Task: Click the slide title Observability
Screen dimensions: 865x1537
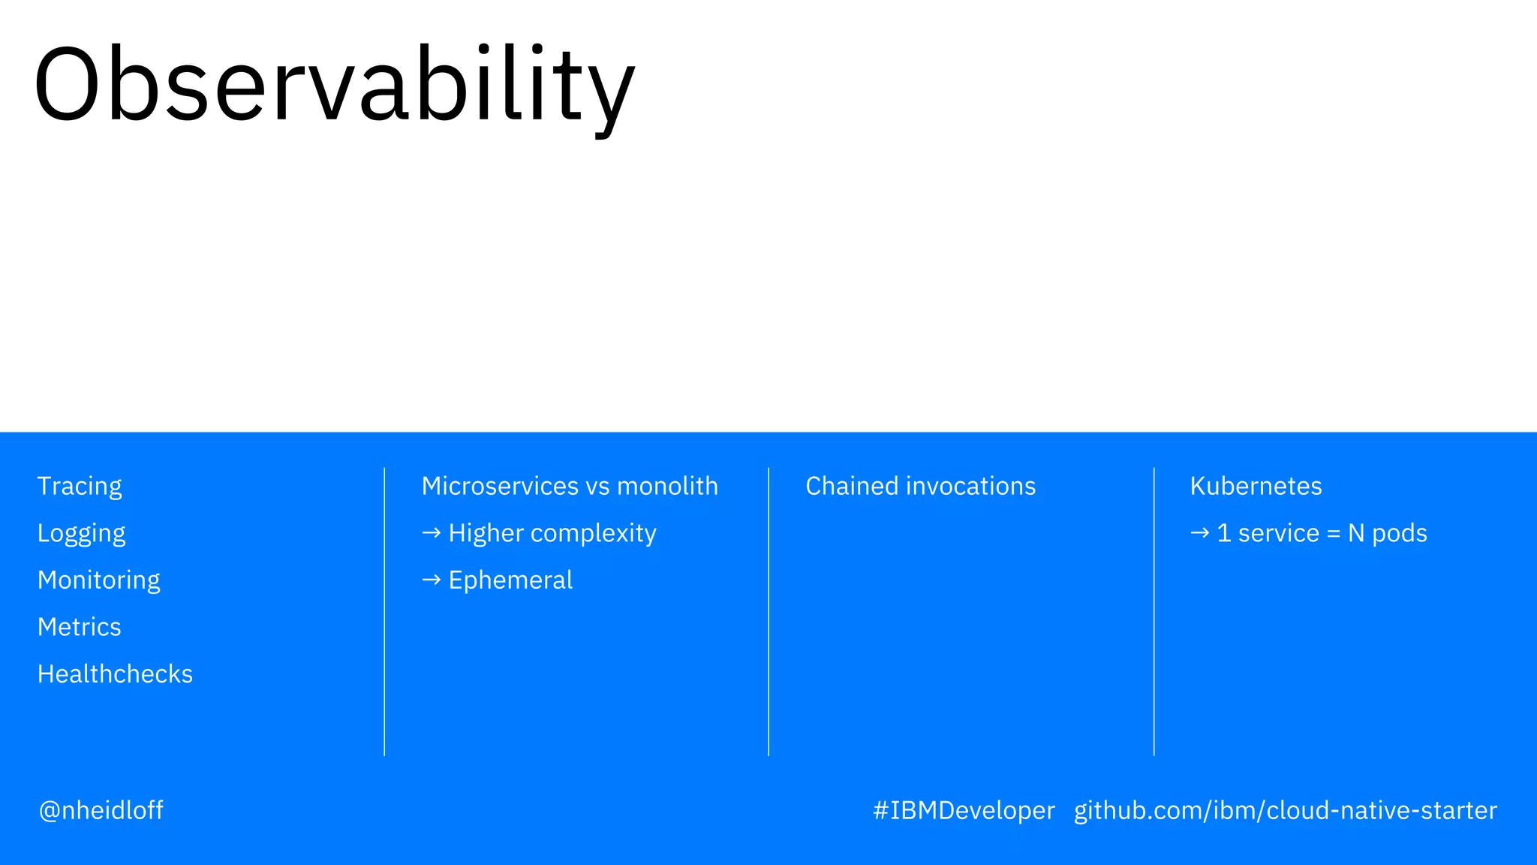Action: point(335,84)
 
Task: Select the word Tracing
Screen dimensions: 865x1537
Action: point(80,487)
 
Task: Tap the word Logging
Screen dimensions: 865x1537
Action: point(81,534)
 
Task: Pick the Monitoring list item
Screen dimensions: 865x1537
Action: point(98,580)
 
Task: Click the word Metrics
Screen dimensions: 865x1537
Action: point(79,627)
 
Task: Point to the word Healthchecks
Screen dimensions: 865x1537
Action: point(115,674)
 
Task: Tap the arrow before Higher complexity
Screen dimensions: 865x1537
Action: point(431,533)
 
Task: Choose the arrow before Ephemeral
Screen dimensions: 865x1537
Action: point(431,580)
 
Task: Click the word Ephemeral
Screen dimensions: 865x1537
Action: point(510,580)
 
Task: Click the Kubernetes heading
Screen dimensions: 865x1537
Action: point(1256,487)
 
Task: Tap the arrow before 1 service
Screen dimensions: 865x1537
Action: point(1199,533)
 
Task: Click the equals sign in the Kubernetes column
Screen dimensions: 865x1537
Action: point(1333,534)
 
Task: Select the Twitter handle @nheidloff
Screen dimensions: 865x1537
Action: point(101,810)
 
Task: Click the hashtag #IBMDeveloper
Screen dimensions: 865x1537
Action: point(964,810)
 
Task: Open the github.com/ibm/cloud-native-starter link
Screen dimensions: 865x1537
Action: point(1285,810)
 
